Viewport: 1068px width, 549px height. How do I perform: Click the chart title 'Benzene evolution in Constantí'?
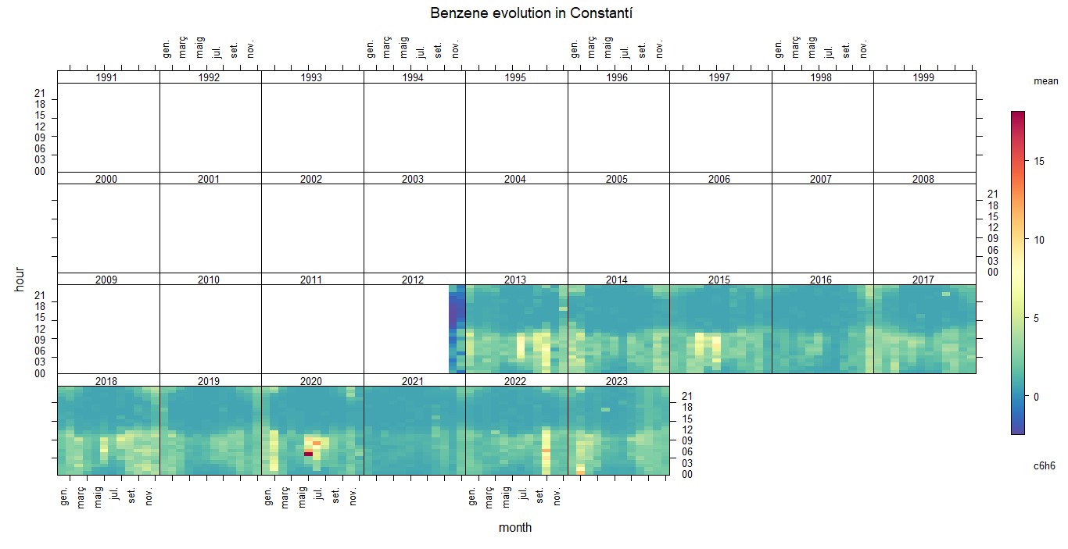pyautogui.click(x=531, y=13)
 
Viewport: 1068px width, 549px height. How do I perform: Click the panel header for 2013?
pyautogui.click(x=515, y=280)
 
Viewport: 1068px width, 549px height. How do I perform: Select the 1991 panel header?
pyautogui.click(x=106, y=77)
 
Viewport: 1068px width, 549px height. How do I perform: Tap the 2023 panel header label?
pyautogui.click(x=617, y=381)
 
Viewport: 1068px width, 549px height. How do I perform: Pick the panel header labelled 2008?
pyautogui.click(x=923, y=179)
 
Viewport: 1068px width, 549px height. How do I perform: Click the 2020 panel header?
pyautogui.click(x=310, y=381)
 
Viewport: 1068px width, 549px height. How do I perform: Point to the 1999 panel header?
pyautogui.click(x=923, y=77)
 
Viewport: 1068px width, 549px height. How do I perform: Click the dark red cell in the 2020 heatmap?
pyautogui.click(x=308, y=454)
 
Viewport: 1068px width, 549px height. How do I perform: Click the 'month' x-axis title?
pyautogui.click(x=515, y=527)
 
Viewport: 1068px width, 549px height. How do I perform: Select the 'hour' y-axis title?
pyautogui.click(x=20, y=279)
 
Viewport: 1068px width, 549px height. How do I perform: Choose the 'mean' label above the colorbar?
pyautogui.click(x=1045, y=81)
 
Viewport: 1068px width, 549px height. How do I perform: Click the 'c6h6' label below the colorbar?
pyautogui.click(x=1045, y=465)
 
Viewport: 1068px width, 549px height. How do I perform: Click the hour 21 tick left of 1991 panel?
pyautogui.click(x=40, y=93)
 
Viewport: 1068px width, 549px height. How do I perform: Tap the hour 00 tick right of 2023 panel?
pyautogui.click(x=687, y=474)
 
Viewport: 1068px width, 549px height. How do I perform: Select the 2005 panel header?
pyautogui.click(x=617, y=179)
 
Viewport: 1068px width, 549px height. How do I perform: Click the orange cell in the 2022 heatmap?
pyautogui.click(x=546, y=451)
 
